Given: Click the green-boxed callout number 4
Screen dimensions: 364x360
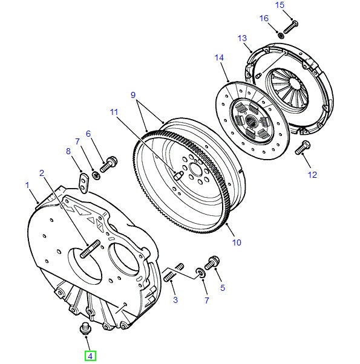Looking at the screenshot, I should pyautogui.click(x=90, y=356).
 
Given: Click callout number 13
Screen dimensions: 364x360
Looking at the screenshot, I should pyautogui.click(x=243, y=38).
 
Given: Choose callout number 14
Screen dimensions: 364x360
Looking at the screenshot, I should pyautogui.click(x=219, y=58).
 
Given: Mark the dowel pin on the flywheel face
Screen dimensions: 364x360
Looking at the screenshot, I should pyautogui.click(x=178, y=176).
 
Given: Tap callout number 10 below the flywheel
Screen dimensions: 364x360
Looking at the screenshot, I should pyautogui.click(x=236, y=242).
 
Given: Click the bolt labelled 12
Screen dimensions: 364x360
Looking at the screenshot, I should pyautogui.click(x=302, y=147).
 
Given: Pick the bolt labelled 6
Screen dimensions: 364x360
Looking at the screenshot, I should pyautogui.click(x=109, y=163).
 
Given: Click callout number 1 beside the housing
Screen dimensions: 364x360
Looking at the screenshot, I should pyautogui.click(x=27, y=184).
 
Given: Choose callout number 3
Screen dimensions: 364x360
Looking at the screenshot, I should pyautogui.click(x=175, y=299).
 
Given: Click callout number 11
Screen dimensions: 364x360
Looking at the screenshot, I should pyautogui.click(x=115, y=112).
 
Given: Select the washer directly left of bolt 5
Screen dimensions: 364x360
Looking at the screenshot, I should pyautogui.click(x=200, y=272).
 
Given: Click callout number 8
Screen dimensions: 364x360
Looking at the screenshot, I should pyautogui.click(x=68, y=151).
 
